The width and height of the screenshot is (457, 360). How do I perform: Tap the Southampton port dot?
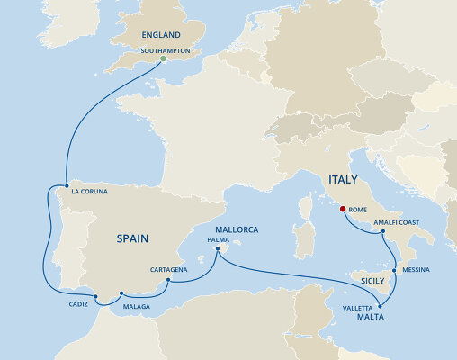pyautogui.click(x=163, y=60)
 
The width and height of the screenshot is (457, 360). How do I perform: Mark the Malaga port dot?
pyautogui.click(x=121, y=293)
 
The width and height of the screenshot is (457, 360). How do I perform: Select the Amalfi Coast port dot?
pyautogui.click(x=384, y=233)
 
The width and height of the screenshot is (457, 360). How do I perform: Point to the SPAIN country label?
pyautogui.click(x=132, y=238)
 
